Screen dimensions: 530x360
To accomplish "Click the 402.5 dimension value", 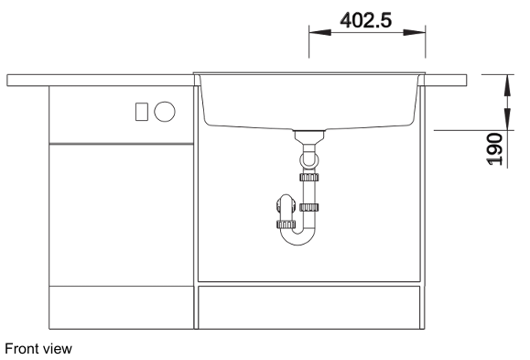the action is pos(366,20).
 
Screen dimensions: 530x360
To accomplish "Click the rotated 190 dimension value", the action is pos(494,149).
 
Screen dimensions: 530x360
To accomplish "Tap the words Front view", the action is pos(38,348).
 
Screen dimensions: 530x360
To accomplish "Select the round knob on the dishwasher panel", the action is pos(165,112).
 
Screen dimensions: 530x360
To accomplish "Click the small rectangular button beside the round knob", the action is pos(142,112).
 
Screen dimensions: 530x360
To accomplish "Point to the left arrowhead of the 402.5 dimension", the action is pos(320,32).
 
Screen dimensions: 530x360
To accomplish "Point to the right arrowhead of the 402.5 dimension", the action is pos(414,32).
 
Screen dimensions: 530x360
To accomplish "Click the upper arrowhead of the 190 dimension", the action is pos(507,86).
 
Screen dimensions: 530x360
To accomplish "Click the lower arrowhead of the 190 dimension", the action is pos(507,119).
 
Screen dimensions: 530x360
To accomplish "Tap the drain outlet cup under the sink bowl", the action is pos(309,136).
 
